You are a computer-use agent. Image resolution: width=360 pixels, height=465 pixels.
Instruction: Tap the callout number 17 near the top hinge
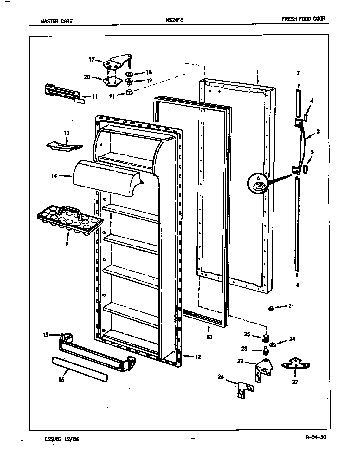point(92,59)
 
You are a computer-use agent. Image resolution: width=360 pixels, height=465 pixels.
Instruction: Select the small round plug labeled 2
point(271,309)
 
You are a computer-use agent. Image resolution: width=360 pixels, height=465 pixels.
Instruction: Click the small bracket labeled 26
point(245,389)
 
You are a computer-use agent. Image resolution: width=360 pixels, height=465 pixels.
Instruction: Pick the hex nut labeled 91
point(129,92)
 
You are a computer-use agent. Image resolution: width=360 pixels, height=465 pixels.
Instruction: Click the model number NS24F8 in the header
point(174,20)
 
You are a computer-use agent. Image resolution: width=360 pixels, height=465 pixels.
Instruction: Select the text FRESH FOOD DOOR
point(303,19)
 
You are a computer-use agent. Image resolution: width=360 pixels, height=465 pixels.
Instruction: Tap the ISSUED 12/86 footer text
point(61,439)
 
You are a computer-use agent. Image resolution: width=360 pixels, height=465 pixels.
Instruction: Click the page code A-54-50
point(316,437)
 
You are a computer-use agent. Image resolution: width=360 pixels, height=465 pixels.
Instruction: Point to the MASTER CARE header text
point(57,21)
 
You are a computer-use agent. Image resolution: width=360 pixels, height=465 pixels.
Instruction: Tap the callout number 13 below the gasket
point(209,337)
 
